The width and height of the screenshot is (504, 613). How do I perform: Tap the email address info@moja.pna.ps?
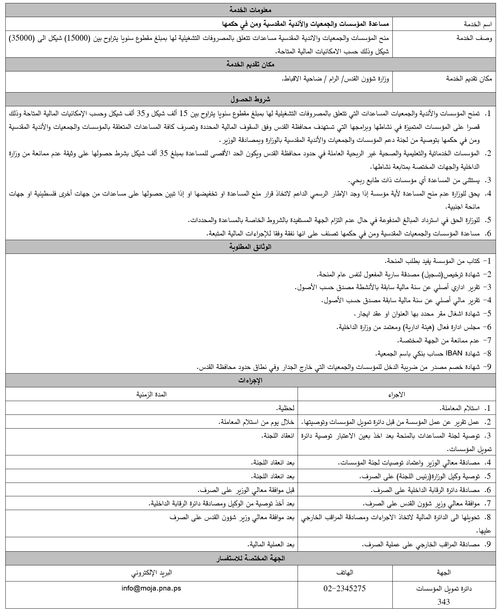151,588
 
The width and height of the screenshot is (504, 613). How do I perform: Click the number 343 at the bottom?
443,601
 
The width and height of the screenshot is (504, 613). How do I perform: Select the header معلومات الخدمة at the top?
251,10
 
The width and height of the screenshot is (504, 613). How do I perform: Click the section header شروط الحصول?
251,99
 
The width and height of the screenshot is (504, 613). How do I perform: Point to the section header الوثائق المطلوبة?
251,247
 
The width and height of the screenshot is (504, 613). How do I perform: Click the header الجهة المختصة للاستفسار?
251,558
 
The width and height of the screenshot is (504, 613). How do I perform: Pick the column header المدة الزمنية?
151,394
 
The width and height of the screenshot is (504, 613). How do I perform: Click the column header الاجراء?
397,394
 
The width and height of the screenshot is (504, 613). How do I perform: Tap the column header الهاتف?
345,572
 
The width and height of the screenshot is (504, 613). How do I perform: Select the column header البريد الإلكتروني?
151,572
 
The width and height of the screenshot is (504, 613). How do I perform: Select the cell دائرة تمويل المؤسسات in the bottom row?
444,589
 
